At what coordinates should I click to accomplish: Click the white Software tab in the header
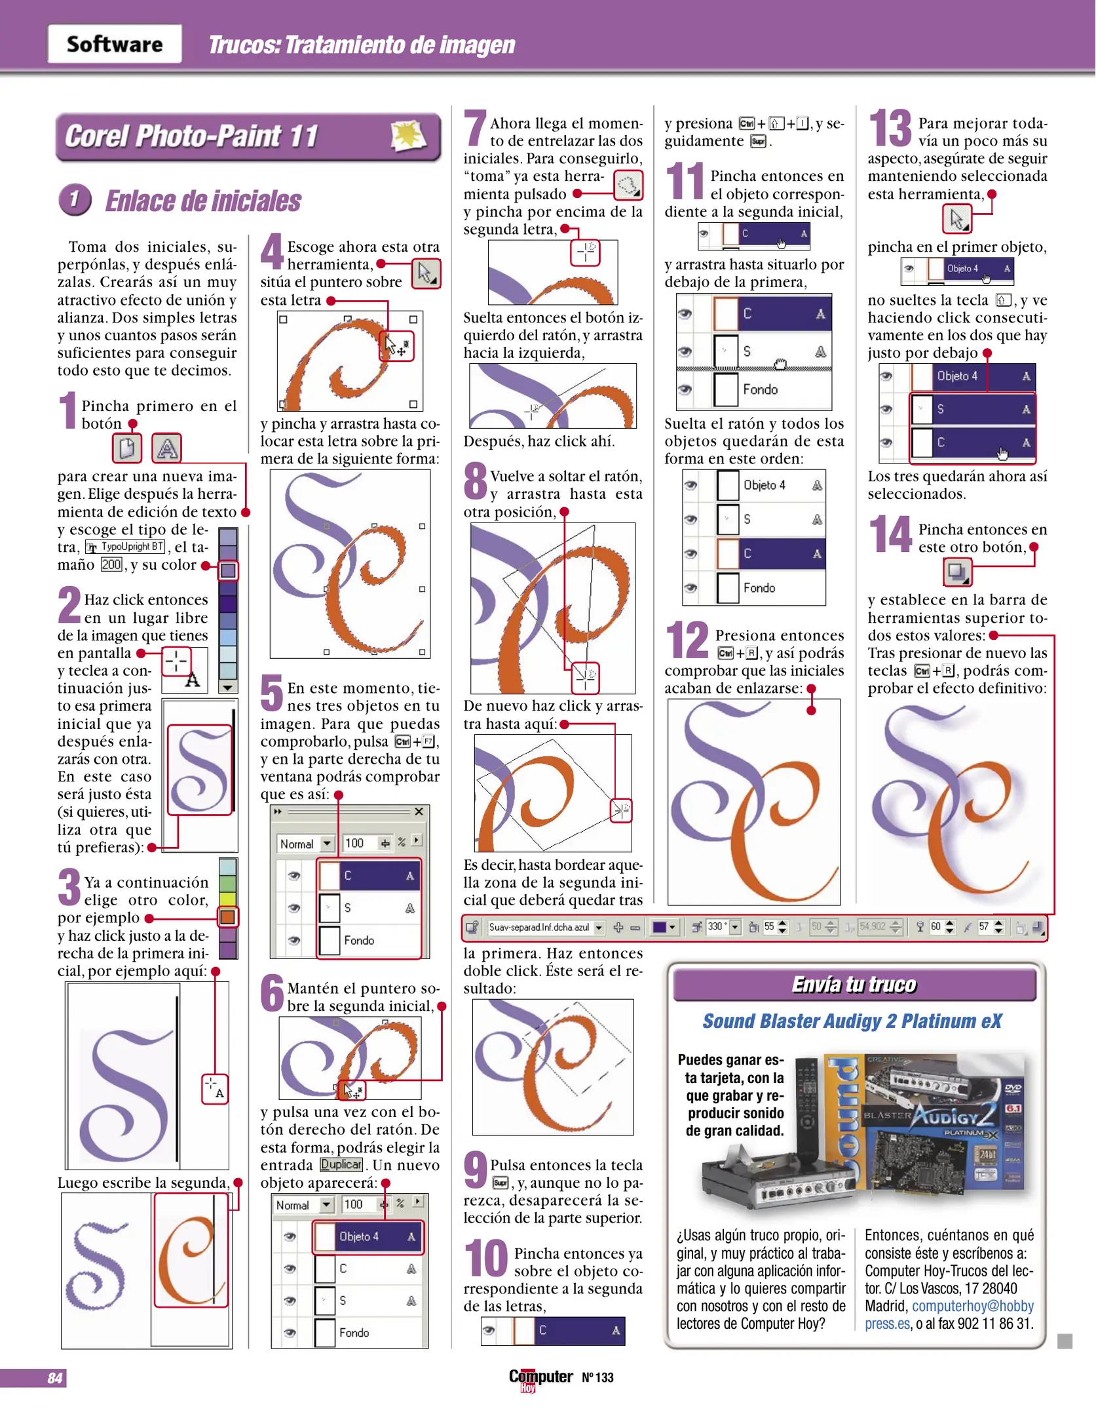(x=115, y=44)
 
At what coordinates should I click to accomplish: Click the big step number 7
(x=475, y=128)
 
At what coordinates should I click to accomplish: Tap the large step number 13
(x=890, y=128)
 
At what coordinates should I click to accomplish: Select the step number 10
(x=486, y=1258)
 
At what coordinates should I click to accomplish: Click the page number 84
(x=55, y=1378)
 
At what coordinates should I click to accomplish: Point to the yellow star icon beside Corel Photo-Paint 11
(x=407, y=136)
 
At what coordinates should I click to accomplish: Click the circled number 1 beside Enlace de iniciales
(x=75, y=199)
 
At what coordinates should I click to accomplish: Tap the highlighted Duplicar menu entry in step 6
(x=341, y=1164)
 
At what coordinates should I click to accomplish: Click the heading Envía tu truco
(x=854, y=985)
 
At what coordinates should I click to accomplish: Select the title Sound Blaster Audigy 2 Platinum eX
(x=852, y=1021)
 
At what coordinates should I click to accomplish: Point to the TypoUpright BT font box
(x=125, y=547)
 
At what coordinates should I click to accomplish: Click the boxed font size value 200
(x=111, y=564)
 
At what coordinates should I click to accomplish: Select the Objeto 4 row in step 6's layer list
(x=368, y=1237)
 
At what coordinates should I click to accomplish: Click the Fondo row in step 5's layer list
(x=369, y=940)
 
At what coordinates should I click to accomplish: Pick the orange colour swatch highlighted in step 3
(x=228, y=916)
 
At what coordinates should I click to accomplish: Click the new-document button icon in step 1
(x=127, y=448)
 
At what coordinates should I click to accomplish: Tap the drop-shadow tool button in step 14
(x=957, y=572)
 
